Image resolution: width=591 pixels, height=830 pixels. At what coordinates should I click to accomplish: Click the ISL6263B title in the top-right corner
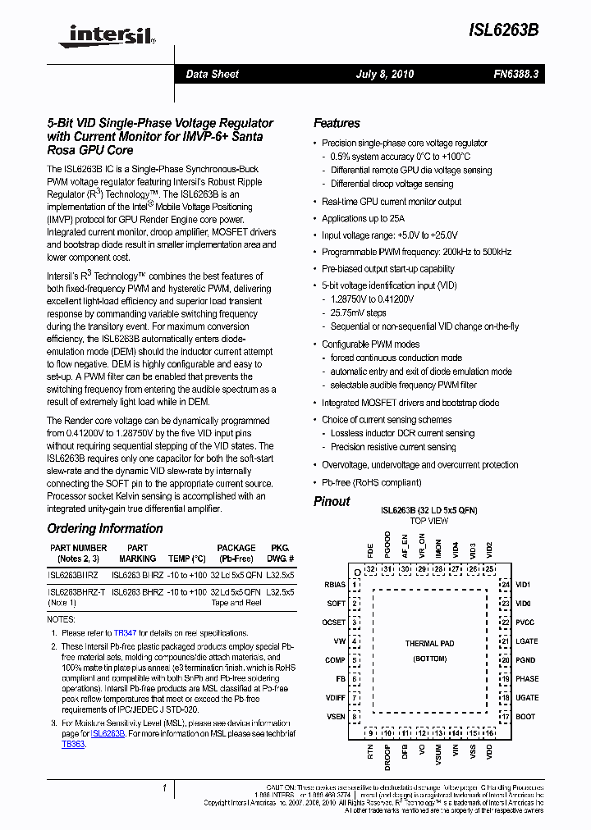(x=504, y=30)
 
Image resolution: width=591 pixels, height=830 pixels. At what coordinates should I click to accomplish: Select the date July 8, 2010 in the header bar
(x=385, y=74)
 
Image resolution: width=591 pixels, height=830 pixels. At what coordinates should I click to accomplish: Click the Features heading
(x=337, y=123)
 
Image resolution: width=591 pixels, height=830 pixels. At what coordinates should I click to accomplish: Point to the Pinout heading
(x=332, y=501)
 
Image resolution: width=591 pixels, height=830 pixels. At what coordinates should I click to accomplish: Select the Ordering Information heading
(x=104, y=529)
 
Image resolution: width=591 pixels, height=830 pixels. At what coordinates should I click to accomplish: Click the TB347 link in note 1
(x=125, y=633)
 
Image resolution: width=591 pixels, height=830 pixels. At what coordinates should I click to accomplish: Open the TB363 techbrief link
(x=73, y=744)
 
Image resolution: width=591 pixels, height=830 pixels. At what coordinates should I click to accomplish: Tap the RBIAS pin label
(x=334, y=586)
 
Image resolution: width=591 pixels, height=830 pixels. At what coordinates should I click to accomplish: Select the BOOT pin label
(x=525, y=717)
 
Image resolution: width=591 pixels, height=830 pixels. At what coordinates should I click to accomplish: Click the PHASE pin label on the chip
(x=527, y=679)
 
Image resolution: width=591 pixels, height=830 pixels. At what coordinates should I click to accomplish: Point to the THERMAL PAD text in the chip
(x=429, y=644)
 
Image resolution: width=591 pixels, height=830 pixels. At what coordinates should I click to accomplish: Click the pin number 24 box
(x=506, y=585)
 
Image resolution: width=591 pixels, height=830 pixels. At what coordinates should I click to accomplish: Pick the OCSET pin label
(x=334, y=622)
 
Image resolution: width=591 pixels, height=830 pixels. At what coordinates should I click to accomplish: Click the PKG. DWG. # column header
(x=281, y=552)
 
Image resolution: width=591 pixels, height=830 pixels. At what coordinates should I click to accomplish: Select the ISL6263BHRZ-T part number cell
(x=76, y=591)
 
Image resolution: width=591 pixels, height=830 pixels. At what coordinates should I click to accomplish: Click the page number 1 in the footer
(x=165, y=788)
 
